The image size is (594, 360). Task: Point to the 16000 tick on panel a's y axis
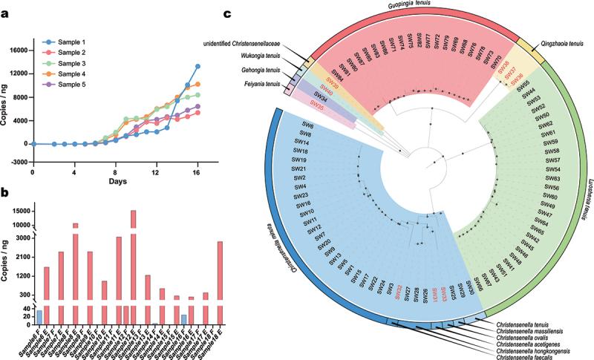click(x=16, y=50)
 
